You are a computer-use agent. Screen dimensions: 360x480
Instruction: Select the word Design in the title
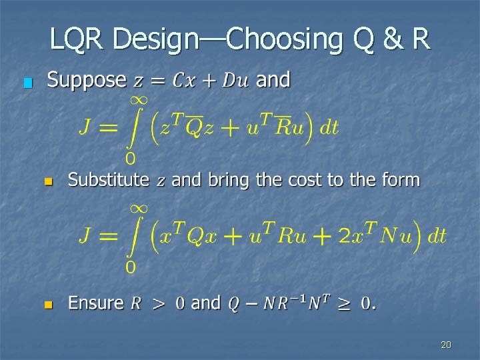coord(155,39)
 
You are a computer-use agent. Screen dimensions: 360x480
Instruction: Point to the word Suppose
coord(87,81)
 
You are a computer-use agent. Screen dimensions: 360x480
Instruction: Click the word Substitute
coord(109,180)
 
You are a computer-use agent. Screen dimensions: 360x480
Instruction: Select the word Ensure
coord(95,303)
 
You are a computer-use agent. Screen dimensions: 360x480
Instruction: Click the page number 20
coord(446,345)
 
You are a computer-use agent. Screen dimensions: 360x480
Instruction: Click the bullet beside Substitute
coord(47,182)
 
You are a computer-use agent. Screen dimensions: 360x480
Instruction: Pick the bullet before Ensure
coord(47,305)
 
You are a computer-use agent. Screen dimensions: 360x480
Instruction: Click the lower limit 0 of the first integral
coord(131,159)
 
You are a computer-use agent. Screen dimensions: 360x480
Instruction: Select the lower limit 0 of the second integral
coord(131,267)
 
